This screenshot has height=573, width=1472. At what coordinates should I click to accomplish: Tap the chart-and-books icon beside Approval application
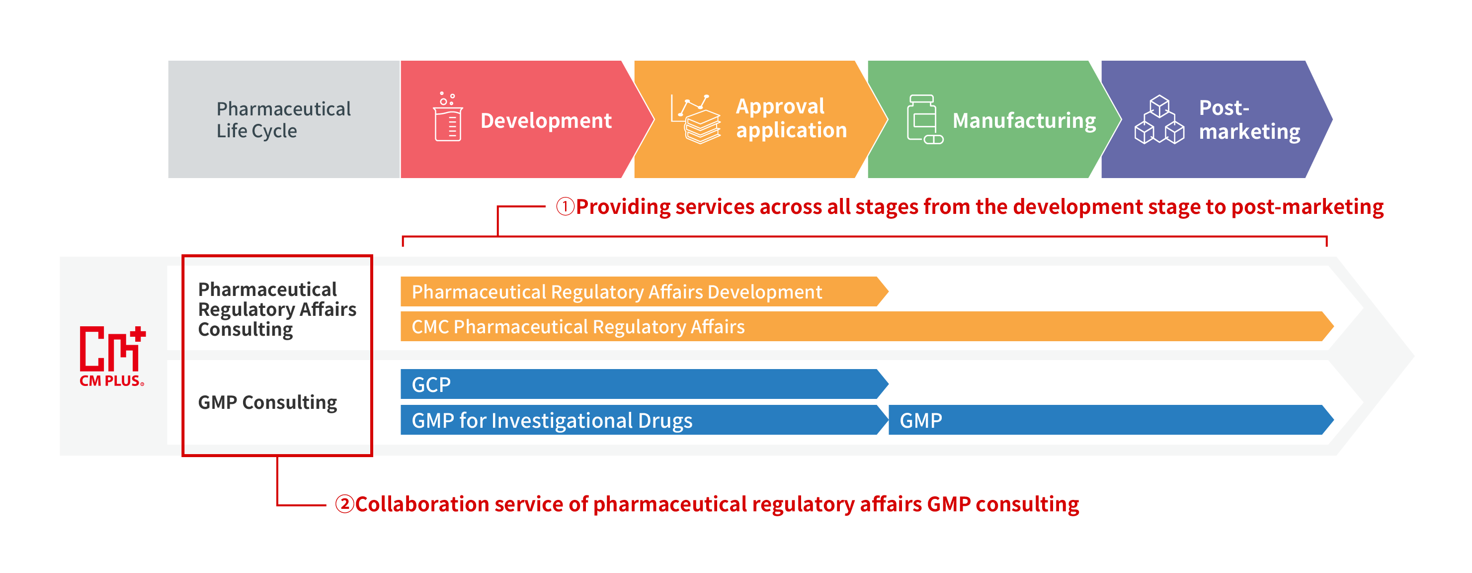(695, 119)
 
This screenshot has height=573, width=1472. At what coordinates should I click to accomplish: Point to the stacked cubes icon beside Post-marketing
(1159, 119)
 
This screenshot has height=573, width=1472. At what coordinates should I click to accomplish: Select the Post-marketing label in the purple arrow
(1249, 119)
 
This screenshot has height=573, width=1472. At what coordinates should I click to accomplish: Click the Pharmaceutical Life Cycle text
(283, 119)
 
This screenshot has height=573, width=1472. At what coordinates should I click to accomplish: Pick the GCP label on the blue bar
(431, 385)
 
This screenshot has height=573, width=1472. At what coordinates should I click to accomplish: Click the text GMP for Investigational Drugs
(552, 421)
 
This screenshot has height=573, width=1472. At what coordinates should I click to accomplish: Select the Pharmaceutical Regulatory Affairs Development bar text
(617, 291)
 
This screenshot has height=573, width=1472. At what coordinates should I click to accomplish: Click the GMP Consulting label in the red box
(267, 402)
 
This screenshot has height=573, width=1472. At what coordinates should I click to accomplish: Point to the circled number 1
(565, 206)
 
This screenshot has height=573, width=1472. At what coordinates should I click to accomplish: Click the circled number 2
(344, 504)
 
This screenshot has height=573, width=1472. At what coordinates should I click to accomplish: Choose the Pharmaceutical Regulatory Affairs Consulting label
(277, 309)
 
